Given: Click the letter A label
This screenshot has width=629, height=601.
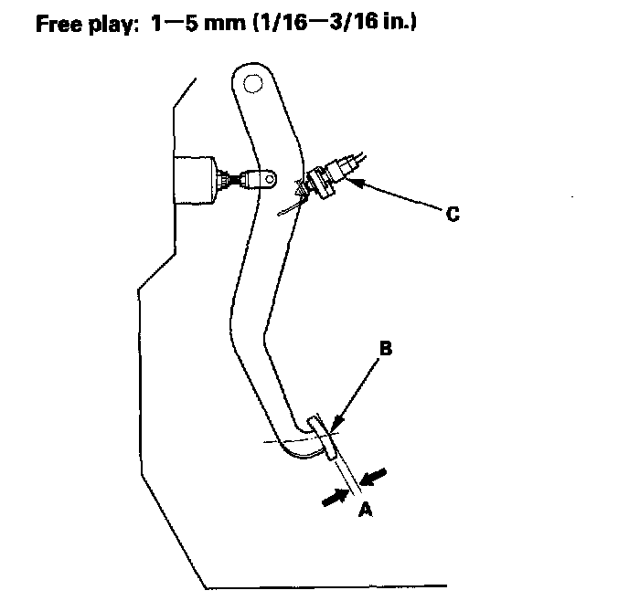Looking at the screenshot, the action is [365, 511].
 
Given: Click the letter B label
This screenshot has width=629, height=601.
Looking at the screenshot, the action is [386, 348].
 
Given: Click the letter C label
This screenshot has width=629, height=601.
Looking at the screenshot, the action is [452, 215].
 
